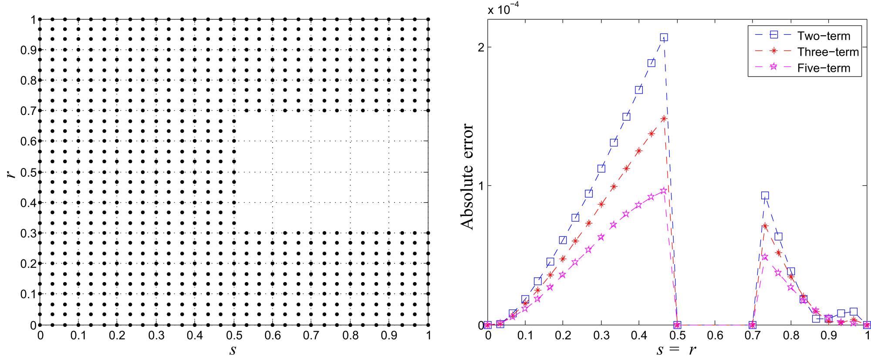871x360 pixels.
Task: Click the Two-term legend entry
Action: coord(823,36)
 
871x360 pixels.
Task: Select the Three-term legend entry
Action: coord(827,52)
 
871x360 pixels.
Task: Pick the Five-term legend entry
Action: coord(823,68)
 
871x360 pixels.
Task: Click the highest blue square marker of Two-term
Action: coord(664,37)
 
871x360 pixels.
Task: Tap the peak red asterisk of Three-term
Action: coord(664,118)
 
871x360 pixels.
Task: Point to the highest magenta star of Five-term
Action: coord(664,191)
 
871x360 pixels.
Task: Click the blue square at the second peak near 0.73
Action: coord(765,195)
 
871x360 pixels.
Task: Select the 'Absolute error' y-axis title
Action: coord(468,176)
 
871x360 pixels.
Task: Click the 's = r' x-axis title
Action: coord(676,350)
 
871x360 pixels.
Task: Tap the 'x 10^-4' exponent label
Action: coord(503,9)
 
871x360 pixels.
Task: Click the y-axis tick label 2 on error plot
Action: coord(481,47)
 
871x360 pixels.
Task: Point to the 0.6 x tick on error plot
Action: coord(715,335)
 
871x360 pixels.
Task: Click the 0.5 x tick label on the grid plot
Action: coord(234,335)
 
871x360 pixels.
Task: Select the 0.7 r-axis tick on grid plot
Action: coord(28,111)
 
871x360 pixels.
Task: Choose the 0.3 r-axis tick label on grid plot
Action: coord(28,233)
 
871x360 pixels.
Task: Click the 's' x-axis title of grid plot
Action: coord(233,350)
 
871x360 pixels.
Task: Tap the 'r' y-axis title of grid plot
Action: coord(11,173)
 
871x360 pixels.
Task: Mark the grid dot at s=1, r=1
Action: coord(428,19)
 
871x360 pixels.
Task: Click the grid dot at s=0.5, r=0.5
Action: coord(234,172)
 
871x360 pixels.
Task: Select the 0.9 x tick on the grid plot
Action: coord(389,335)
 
